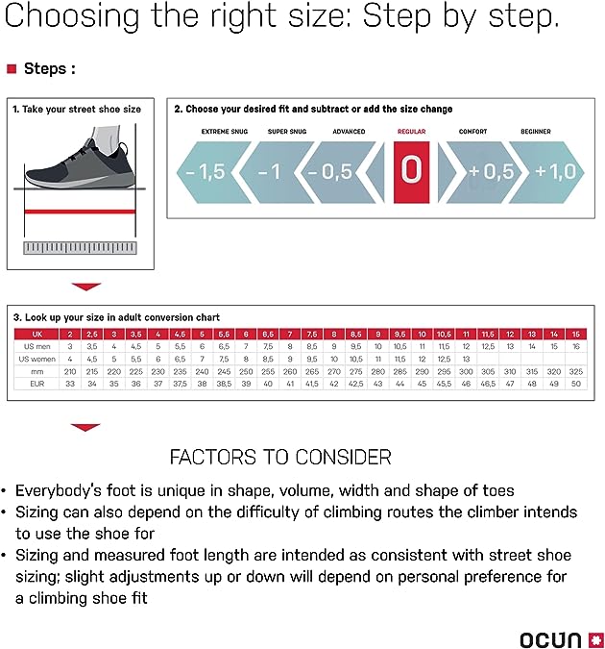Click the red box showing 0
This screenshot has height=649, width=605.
tap(411, 171)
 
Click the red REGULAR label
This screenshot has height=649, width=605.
tap(411, 131)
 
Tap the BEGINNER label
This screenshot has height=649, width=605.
tap(535, 131)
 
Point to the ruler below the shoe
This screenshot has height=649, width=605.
tap(80, 248)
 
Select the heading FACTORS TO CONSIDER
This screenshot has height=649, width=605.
tap(279, 456)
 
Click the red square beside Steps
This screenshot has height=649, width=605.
tap(12, 69)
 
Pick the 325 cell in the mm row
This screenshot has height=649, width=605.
tap(574, 370)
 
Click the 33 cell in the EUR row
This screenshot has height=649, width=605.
tap(69, 384)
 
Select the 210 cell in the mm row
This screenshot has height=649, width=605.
tap(69, 370)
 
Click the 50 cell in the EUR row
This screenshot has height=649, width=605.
tap(574, 384)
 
